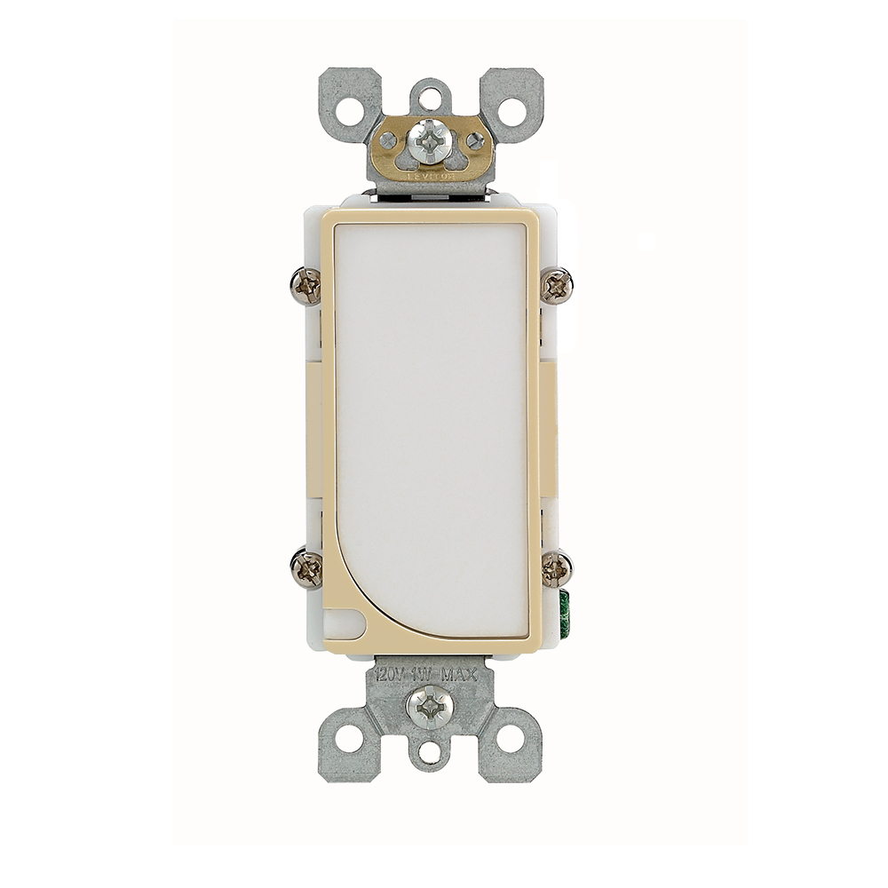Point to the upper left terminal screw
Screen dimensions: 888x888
(306, 287)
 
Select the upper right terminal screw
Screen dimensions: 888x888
(558, 285)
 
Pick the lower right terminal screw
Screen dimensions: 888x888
(557, 567)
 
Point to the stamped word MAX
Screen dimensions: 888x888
(460, 675)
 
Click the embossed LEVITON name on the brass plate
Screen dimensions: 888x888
(432, 177)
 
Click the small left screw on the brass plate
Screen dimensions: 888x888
(389, 139)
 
